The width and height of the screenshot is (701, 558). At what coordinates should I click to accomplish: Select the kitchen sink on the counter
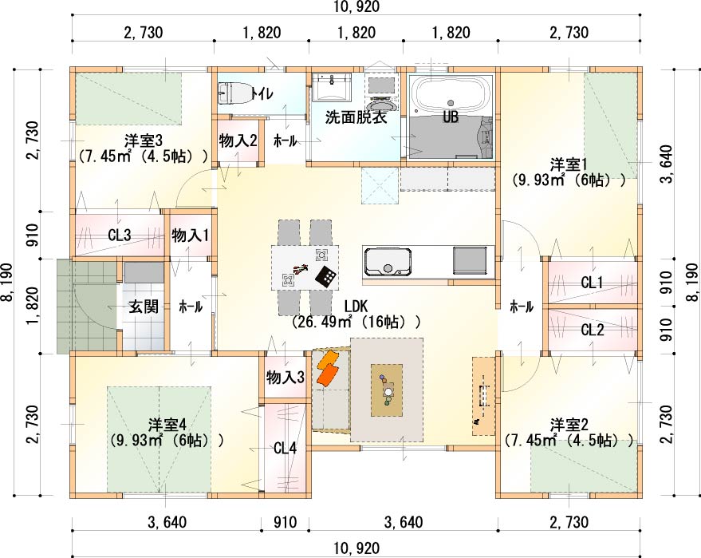tap(387, 261)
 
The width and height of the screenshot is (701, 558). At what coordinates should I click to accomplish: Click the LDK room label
tap(356, 306)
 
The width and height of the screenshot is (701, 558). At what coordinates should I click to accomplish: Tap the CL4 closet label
tap(285, 448)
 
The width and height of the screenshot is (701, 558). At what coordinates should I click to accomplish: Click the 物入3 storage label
tap(286, 378)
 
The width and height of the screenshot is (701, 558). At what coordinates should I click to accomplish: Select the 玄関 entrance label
tap(144, 307)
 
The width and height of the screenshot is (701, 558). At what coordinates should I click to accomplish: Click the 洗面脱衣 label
tap(356, 117)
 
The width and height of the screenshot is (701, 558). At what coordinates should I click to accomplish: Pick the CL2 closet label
tap(593, 330)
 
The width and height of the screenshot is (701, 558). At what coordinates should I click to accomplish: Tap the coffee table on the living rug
tap(387, 390)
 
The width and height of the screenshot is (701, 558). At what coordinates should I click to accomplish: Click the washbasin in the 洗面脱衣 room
tap(331, 85)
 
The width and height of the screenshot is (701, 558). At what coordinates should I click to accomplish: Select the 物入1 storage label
tap(191, 235)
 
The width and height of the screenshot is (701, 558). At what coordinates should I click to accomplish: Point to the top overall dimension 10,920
tap(356, 6)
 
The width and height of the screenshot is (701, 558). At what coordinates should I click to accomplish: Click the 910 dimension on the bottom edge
tap(285, 522)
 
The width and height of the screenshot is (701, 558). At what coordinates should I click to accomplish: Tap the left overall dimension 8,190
tap(9, 283)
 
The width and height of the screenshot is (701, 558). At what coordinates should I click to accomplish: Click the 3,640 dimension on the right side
tap(666, 164)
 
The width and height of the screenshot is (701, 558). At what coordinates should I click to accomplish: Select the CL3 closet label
tap(120, 235)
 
